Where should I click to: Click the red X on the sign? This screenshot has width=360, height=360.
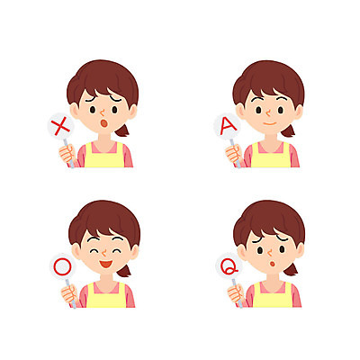pos(60,127)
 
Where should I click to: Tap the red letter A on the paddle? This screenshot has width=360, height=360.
pos(228,126)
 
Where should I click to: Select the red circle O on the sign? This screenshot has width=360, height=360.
pos(63,267)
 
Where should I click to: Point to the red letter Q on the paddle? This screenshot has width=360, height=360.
pos(229,266)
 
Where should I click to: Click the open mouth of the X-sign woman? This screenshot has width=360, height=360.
pos(103,123)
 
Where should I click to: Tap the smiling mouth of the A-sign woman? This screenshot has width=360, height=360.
pos(269,123)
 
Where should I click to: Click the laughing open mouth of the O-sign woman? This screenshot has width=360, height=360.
pos(105,264)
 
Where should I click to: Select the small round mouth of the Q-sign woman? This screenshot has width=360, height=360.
pos(273,264)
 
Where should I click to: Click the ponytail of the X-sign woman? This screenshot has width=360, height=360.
pos(123,130)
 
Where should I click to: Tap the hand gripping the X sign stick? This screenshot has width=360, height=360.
pos(67,154)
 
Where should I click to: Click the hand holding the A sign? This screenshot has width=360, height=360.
pos(234,154)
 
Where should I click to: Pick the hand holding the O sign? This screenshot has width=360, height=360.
pos(69,294)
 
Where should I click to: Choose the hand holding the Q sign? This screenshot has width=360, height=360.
pos(236,294)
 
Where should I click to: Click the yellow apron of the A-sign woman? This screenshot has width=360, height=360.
pos(271,157)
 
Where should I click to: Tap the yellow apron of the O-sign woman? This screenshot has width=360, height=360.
pos(105,298)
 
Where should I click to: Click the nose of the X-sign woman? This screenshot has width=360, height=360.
pos(102,113)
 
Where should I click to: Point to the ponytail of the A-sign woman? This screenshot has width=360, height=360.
pos(289,130)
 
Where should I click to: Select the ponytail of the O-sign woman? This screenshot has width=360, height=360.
pos(124,271)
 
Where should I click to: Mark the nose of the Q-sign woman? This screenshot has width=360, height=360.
pos(270,253)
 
